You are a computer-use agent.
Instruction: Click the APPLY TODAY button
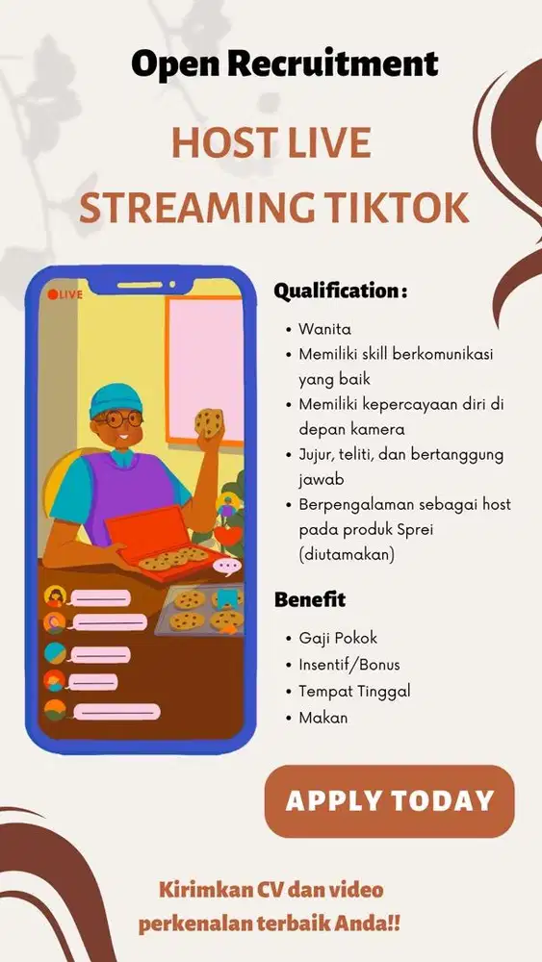(x=389, y=800)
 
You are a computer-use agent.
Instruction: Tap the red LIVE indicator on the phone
(x=65, y=294)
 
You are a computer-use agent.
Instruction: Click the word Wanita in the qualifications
(x=324, y=329)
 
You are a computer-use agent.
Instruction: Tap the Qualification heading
(x=340, y=291)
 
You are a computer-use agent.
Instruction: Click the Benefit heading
(x=309, y=600)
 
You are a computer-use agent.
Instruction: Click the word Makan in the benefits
(x=323, y=717)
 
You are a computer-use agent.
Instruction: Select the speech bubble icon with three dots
(x=227, y=568)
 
